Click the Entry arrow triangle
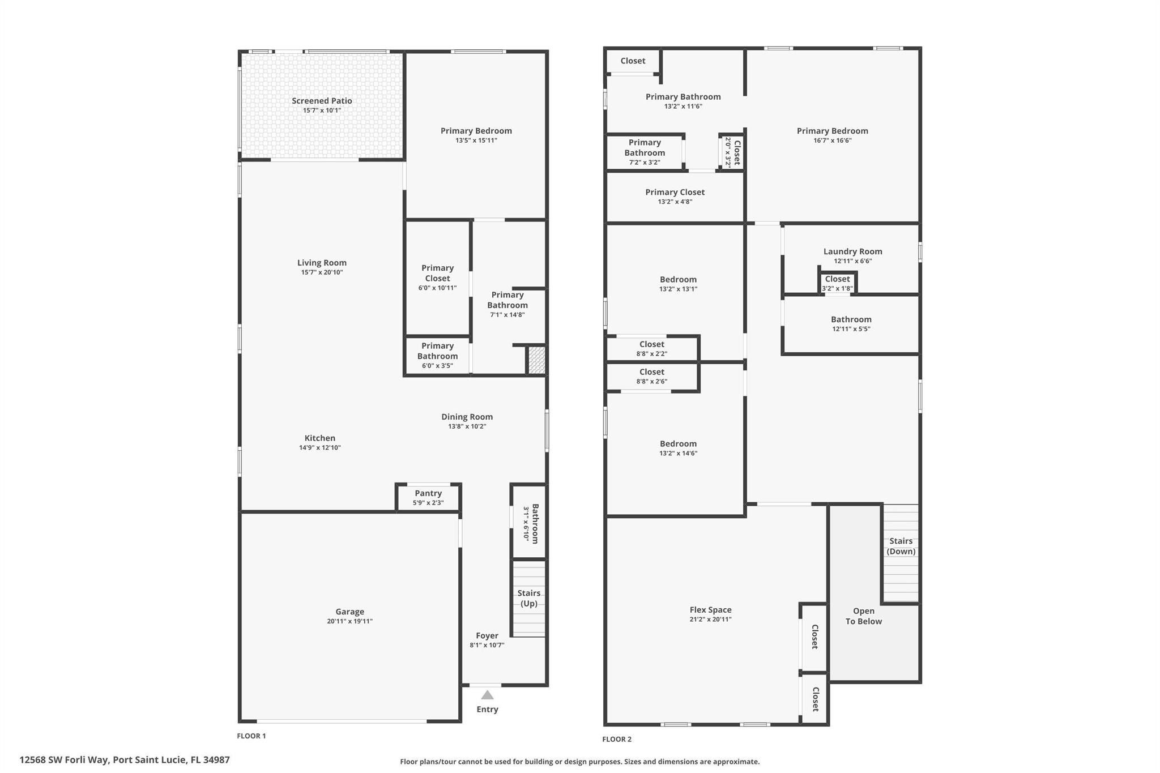[487, 695]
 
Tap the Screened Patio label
[322, 101]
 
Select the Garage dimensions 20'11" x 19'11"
[349, 621]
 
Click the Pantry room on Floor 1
[428, 497]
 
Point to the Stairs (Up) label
[528, 598]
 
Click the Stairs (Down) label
[901, 546]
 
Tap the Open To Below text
[863, 616]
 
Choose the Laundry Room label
[852, 251]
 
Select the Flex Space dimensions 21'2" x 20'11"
[710, 620]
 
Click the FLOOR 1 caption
[251, 736]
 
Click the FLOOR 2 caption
[616, 739]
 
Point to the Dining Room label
[467, 417]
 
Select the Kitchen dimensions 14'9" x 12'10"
[319, 448]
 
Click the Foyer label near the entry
[487, 635]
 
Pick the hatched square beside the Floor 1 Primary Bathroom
[537, 360]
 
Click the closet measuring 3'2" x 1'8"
[837, 283]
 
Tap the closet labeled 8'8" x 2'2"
[651, 348]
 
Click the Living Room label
[322, 263]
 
